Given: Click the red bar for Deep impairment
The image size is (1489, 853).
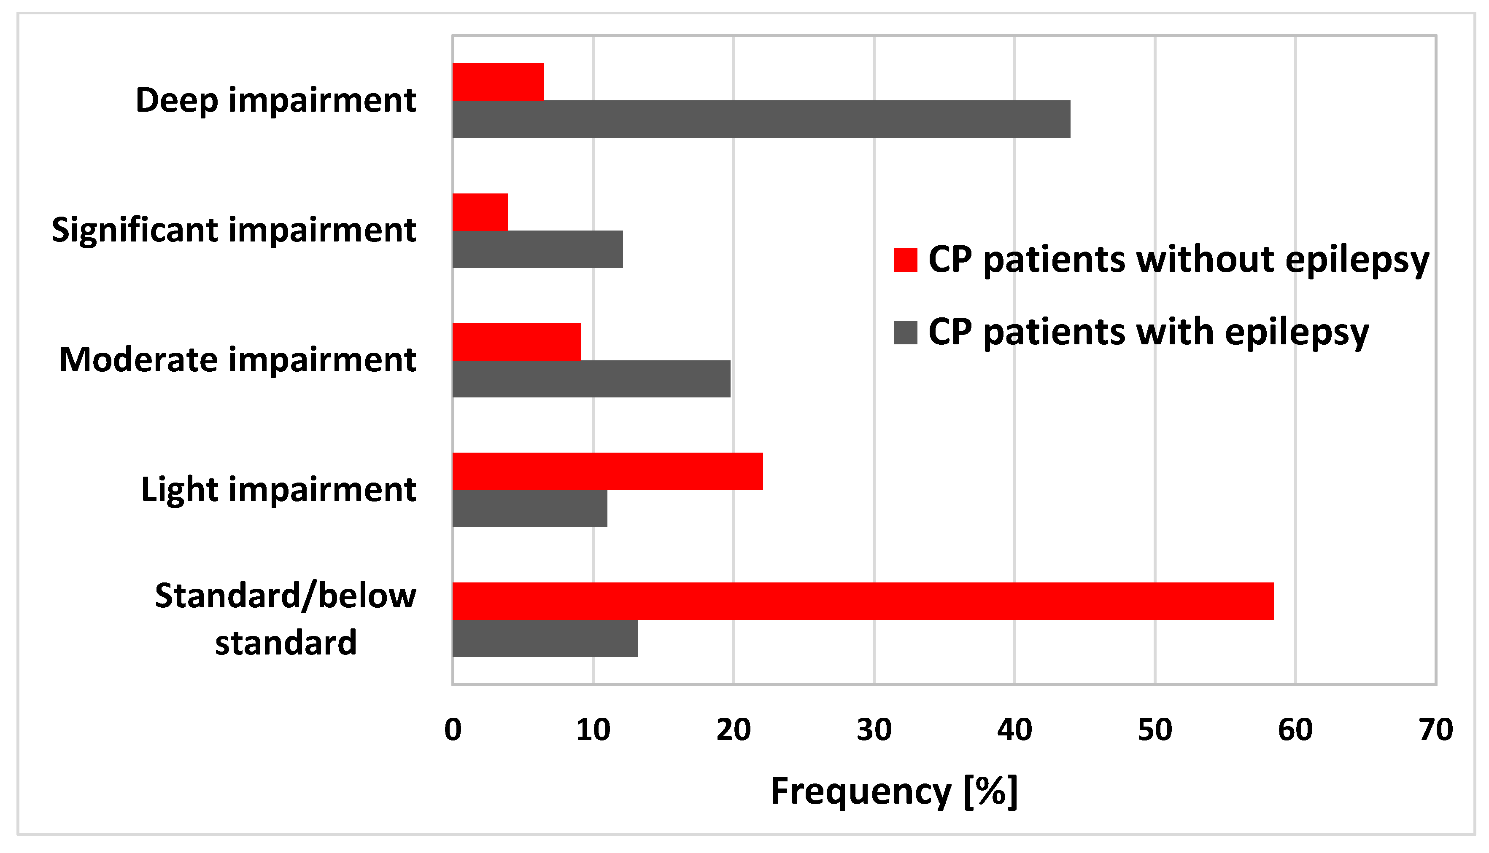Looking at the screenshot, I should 498,82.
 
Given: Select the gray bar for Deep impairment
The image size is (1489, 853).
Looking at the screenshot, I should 761,119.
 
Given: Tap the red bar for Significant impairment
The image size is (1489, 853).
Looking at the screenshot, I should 480,212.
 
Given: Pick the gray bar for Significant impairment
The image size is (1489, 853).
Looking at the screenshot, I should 537,249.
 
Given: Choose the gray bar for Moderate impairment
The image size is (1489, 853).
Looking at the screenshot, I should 591,378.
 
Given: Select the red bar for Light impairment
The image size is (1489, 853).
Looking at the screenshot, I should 607,471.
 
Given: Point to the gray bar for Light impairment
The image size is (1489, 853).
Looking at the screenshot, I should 530,509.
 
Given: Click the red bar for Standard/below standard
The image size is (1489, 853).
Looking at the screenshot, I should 863,601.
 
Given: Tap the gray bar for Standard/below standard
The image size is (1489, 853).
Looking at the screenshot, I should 545,638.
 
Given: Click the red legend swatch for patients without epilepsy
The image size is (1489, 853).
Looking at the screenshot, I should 905,260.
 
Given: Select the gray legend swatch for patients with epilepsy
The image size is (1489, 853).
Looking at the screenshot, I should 905,332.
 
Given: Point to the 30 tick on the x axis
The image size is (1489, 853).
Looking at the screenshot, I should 874,730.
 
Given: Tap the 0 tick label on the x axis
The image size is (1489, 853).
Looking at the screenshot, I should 453,730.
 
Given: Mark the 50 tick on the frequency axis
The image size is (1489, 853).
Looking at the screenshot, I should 1155,730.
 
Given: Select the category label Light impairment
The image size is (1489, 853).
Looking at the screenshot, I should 278,490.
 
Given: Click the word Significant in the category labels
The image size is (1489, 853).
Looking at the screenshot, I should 135,230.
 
